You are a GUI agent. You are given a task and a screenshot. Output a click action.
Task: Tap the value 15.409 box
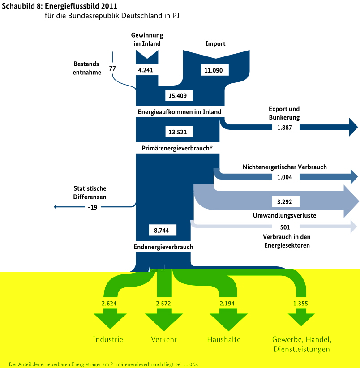click(x=178, y=95)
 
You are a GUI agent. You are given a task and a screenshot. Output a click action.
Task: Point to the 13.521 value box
click(x=178, y=132)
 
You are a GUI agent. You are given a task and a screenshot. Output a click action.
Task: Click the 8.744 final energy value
click(x=162, y=230)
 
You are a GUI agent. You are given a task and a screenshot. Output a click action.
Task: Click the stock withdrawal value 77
click(x=112, y=68)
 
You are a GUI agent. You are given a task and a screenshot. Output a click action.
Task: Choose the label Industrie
click(x=108, y=339)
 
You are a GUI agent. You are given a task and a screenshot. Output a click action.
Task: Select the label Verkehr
click(x=164, y=339)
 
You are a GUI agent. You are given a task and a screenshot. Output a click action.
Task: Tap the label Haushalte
click(x=224, y=339)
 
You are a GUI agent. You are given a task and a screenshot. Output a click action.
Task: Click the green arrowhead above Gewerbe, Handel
click(x=301, y=319)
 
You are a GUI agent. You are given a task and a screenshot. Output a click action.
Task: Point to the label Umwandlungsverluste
click(x=284, y=215)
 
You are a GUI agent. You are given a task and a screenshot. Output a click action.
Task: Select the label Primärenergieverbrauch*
click(x=177, y=148)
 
